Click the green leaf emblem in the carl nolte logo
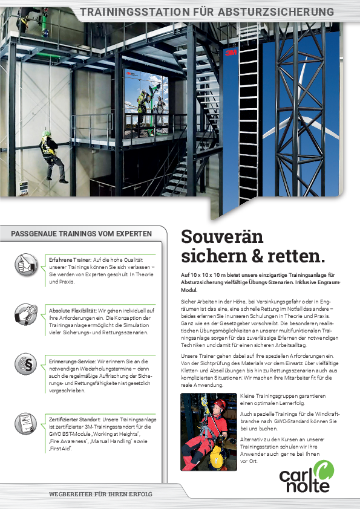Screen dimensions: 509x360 point(326,470)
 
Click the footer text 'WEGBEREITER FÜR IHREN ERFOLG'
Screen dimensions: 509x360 point(100,494)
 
